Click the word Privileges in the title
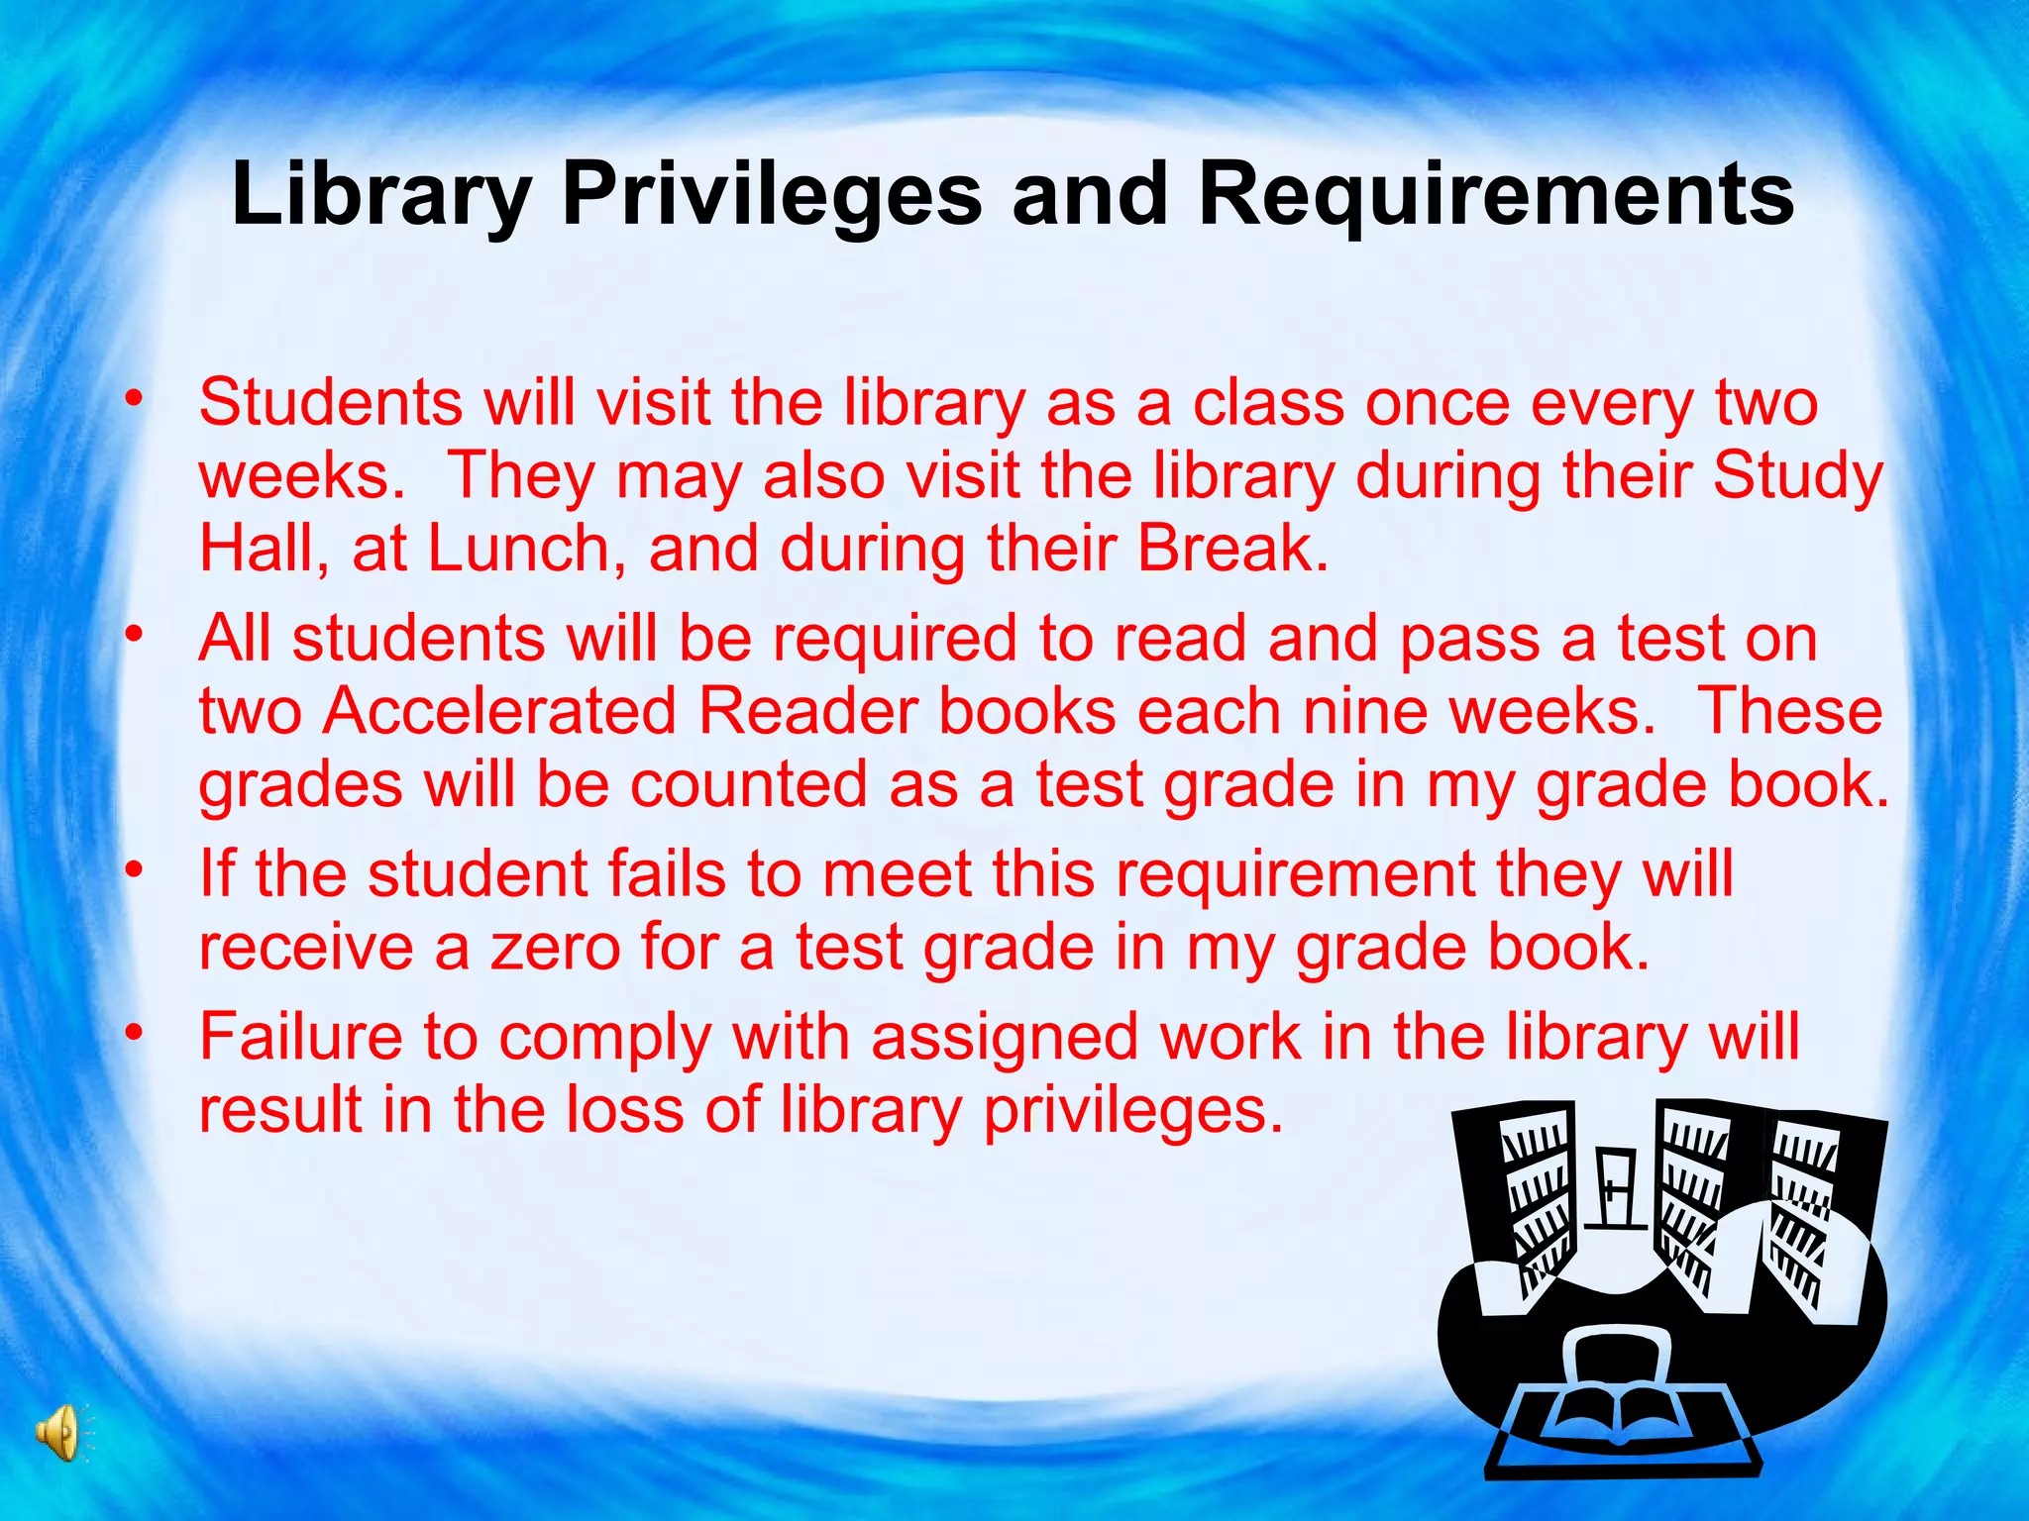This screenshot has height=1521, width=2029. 772,195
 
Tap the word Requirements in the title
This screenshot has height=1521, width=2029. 1496,195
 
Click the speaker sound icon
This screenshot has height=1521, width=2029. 59,1433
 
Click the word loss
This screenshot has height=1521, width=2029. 624,1109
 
